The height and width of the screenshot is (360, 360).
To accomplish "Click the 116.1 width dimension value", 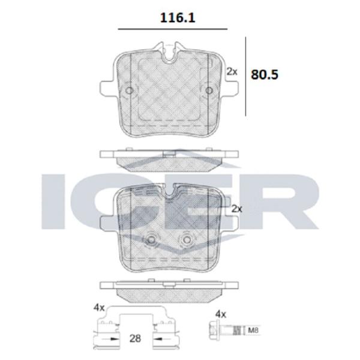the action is click(178, 17).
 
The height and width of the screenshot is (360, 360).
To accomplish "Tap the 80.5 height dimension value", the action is click(265, 74).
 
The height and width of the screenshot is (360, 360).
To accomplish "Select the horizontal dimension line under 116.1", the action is click(173, 29).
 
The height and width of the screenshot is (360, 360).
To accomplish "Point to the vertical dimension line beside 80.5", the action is click(245, 76).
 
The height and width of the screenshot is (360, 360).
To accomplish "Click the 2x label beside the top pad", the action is click(232, 72).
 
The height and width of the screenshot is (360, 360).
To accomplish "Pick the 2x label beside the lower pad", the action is click(237, 209).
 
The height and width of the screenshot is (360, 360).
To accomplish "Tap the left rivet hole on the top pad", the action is click(129, 91).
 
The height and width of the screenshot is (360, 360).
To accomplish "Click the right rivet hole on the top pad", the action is click(209, 91).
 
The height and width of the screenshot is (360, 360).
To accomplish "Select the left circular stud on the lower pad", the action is click(151, 240).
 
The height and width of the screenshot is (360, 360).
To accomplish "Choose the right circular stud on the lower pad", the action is click(187, 240).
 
